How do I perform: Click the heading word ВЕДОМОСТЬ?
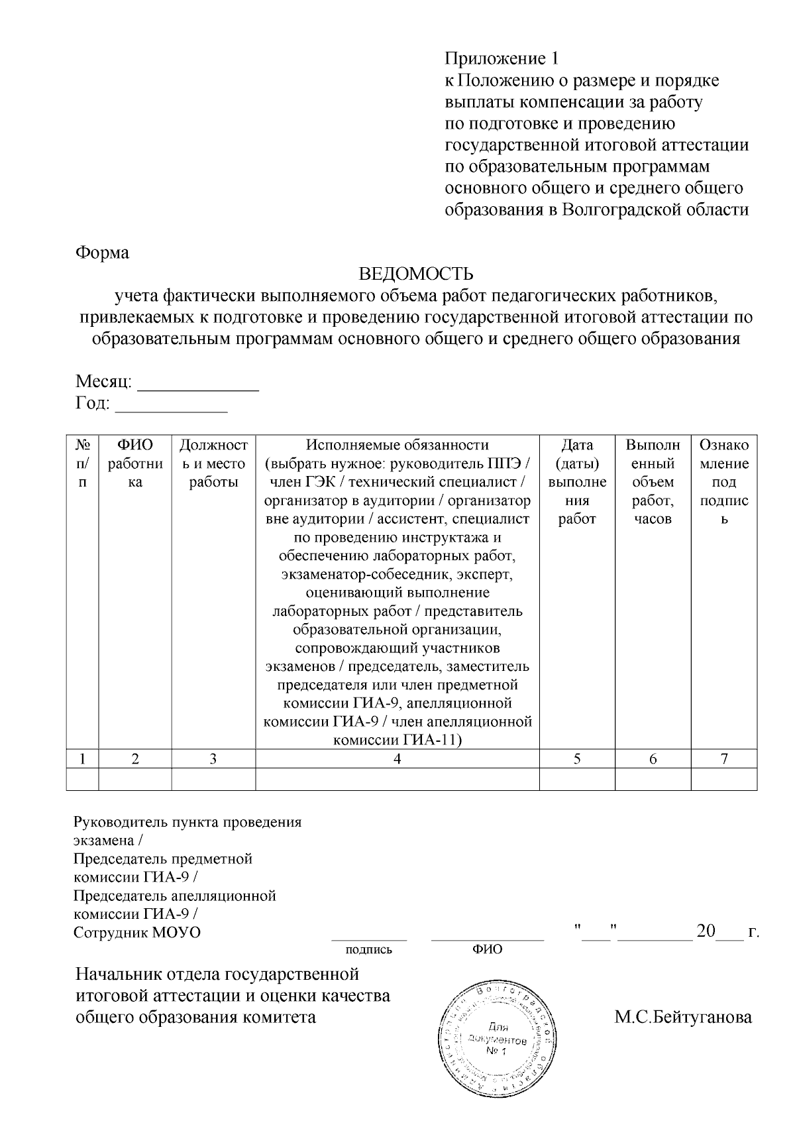pyautogui.click(x=416, y=274)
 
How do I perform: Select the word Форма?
pyautogui.click(x=102, y=253)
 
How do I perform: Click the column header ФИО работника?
pyautogui.click(x=135, y=463)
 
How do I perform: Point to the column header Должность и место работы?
pyautogui.click(x=213, y=463)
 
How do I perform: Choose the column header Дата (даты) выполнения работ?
pyautogui.click(x=577, y=482)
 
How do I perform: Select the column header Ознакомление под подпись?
pyautogui.click(x=724, y=482)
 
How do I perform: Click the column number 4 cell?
pyautogui.click(x=397, y=759)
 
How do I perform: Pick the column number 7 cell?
pyautogui.click(x=724, y=759)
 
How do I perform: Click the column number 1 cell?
pyautogui.click(x=82, y=759)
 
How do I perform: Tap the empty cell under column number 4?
pyautogui.click(x=397, y=779)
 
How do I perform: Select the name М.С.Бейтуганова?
pyautogui.click(x=683, y=1017)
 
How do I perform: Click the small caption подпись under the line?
pyautogui.click(x=369, y=949)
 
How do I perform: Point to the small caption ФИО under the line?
pyautogui.click(x=487, y=949)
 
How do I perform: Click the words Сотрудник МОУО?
pyautogui.click(x=137, y=932)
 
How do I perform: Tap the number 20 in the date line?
pyautogui.click(x=705, y=931)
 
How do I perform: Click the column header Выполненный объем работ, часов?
pyautogui.click(x=653, y=482)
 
